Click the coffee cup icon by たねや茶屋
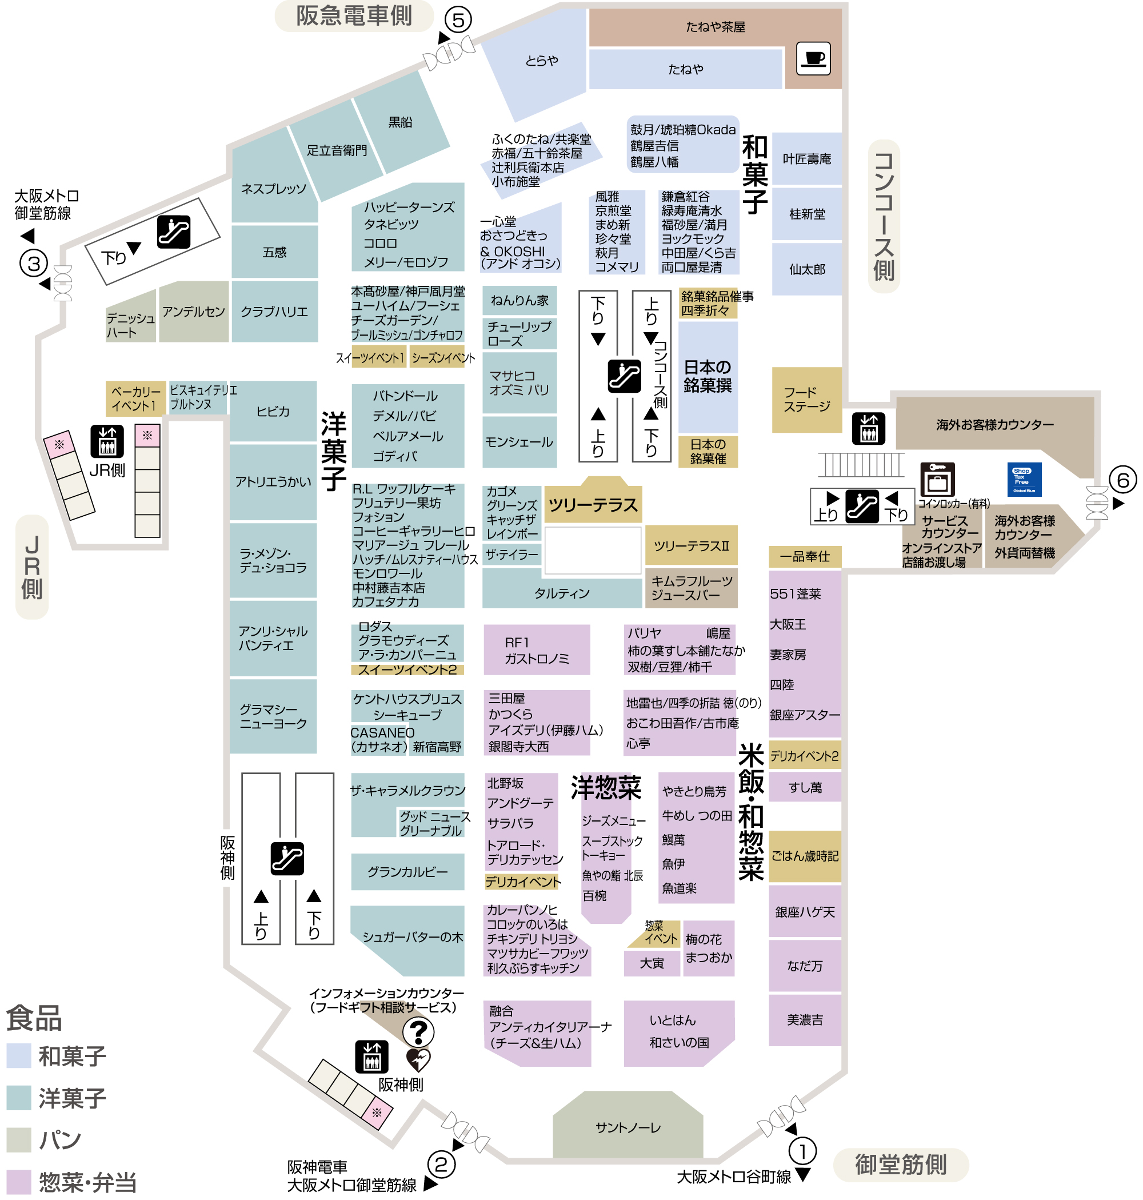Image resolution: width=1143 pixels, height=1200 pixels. pos(813,58)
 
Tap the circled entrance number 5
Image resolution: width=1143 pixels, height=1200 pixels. pos(458,19)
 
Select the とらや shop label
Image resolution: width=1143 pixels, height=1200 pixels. pos(541,61)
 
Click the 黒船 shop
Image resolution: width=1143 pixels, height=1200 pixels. pos(400,122)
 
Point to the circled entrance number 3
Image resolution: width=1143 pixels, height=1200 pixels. pos(34,264)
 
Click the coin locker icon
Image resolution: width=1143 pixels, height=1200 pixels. pos(937,480)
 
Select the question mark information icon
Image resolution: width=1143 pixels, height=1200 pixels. pos(418,1032)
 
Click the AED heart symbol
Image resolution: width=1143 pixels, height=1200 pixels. pos(418,1060)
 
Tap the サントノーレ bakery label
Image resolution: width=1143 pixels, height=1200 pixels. pos(628,1127)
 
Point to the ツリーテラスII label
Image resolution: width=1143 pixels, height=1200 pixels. pos(691,545)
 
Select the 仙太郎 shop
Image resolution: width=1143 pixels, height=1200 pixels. pos(807,269)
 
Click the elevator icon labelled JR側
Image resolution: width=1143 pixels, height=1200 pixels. pos(107,441)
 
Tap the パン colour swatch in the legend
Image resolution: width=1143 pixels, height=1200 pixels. pos(19,1139)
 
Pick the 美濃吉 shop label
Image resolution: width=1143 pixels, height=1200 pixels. pos(804,1019)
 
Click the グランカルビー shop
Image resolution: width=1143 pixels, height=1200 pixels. pos(407,871)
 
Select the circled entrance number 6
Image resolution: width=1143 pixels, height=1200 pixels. pos(1122,480)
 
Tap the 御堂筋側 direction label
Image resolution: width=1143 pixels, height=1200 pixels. pos(900,1165)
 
